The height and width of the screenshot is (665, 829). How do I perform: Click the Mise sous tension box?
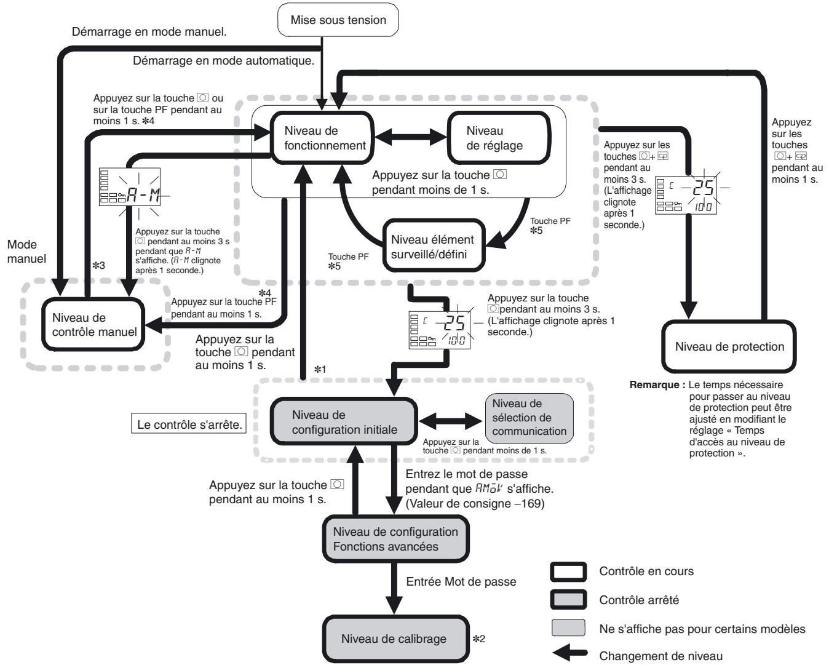pos(338,20)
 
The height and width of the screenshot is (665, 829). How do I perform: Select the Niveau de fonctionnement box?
pos(322,138)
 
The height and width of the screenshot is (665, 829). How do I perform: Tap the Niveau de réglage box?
pos(499,138)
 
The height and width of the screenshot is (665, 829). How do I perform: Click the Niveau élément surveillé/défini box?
pos(434,246)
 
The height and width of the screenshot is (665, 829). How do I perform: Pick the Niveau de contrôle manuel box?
pos(93,324)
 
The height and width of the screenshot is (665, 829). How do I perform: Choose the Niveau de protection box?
pos(729,346)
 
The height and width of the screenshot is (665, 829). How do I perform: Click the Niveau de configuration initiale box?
pos(344,421)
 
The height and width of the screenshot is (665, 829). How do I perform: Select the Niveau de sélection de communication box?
pos(530,418)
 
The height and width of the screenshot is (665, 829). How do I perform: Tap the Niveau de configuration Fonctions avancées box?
pos(395,539)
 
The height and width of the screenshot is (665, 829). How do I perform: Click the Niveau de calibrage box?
pos(395,639)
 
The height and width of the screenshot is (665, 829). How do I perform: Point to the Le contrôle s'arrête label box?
pos(189,424)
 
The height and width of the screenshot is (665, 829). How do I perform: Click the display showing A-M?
pos(130,187)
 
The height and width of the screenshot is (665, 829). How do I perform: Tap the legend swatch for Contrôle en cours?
pos(569,571)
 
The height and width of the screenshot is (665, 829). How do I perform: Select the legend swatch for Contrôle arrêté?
pos(569,600)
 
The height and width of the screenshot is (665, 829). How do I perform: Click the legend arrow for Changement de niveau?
pos(569,653)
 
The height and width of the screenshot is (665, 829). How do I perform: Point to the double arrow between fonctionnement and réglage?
pos(411,137)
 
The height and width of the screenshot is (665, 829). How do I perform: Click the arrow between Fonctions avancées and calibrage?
pos(394,589)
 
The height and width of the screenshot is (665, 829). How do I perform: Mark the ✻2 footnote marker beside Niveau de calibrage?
pos(479,639)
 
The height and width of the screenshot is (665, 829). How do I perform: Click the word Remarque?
pos(654,384)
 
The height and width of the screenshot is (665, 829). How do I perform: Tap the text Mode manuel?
pos(26,252)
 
